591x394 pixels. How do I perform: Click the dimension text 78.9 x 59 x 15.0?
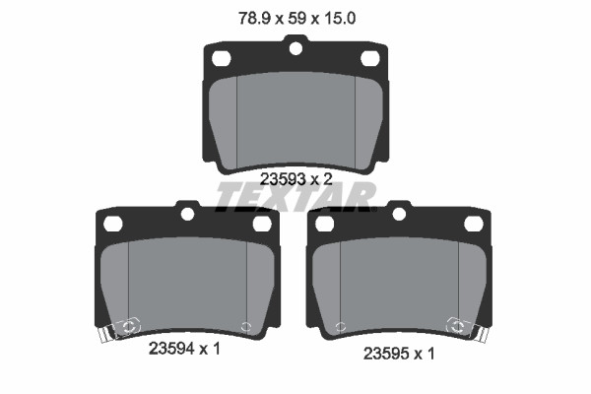click(297, 18)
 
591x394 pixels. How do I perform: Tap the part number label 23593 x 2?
click(296, 179)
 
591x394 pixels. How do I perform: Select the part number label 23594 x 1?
click(184, 349)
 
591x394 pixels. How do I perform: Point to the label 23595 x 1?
click(399, 354)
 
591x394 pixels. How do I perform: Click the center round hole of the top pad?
click(295, 48)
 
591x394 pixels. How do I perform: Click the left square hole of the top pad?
click(222, 58)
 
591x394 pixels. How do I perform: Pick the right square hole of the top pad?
click(370, 58)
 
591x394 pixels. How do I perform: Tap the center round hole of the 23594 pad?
click(187, 214)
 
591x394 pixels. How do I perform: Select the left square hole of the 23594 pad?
click(113, 224)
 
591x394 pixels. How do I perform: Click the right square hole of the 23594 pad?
click(262, 224)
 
